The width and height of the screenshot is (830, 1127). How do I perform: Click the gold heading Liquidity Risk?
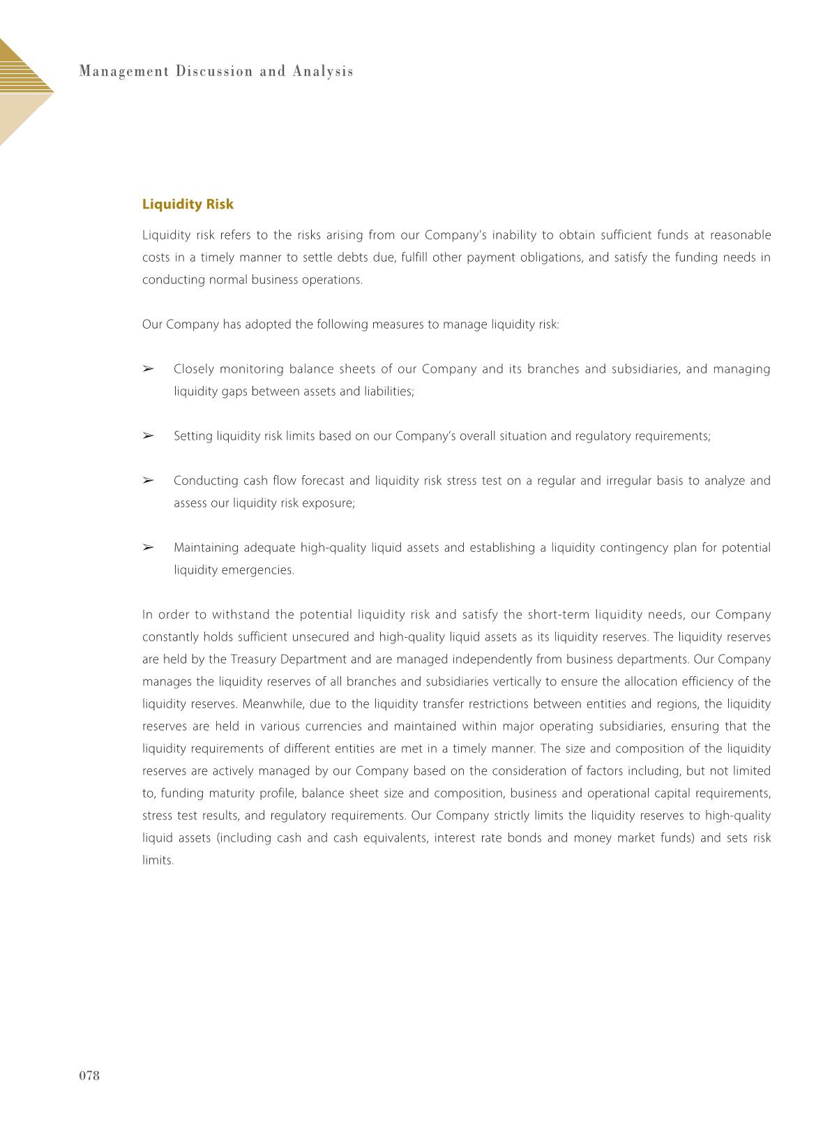(188, 204)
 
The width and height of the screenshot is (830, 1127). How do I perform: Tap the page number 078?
(89, 1075)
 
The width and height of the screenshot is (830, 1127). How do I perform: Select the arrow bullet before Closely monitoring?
(148, 368)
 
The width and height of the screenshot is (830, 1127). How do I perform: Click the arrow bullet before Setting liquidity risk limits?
(148, 436)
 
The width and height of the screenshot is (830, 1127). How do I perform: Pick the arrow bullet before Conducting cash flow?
(148, 481)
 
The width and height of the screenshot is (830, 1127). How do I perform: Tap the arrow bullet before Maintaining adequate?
(148, 548)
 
